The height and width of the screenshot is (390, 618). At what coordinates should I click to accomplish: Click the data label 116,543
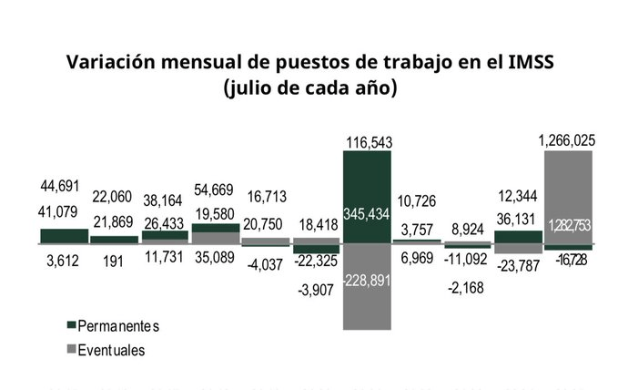(x=367, y=141)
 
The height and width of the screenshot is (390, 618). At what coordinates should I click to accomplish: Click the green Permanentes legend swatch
(x=72, y=326)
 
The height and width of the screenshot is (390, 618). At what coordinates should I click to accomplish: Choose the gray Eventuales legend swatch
(x=72, y=348)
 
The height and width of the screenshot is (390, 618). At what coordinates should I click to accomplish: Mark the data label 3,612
(x=63, y=261)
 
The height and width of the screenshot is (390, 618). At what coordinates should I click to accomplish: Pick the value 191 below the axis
(x=114, y=261)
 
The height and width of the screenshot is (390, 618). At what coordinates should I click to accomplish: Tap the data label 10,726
(x=417, y=200)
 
